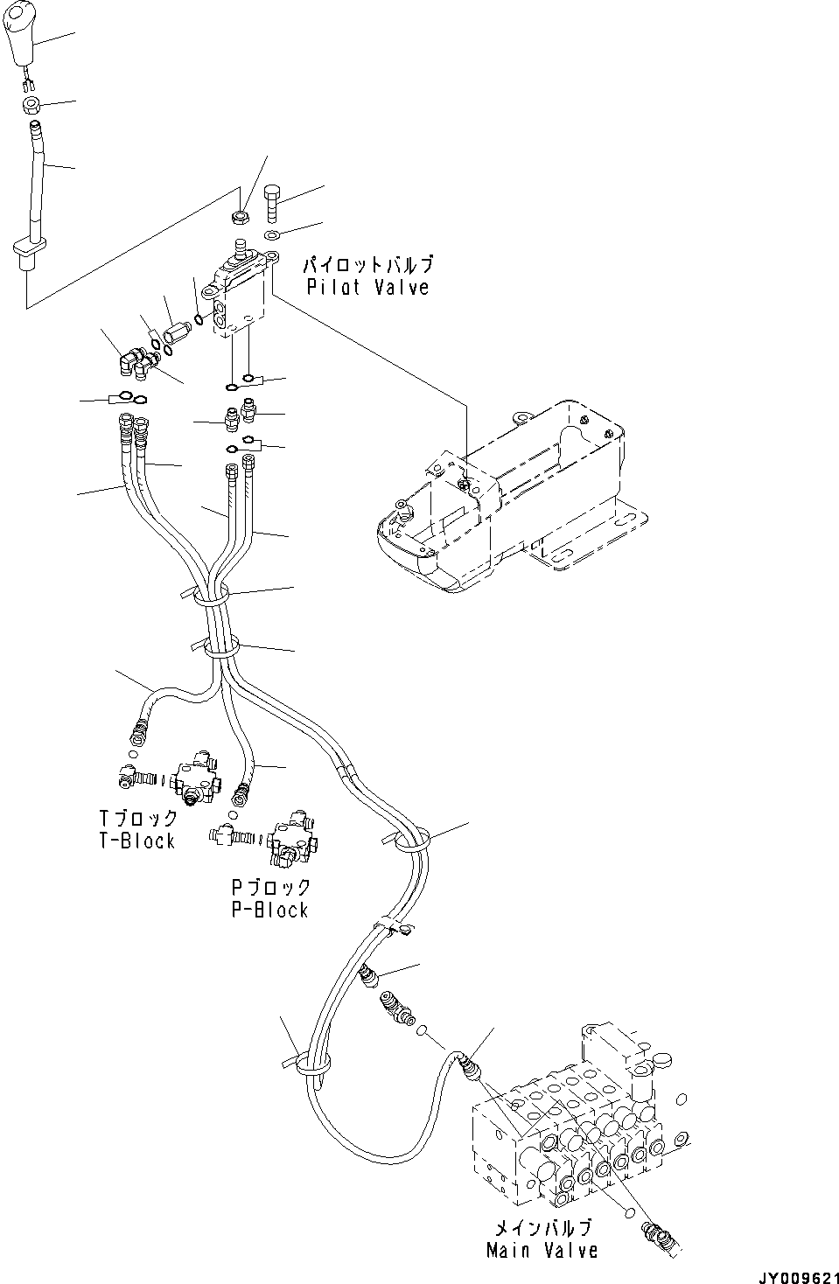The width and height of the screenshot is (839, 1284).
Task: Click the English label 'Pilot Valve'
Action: [367, 287]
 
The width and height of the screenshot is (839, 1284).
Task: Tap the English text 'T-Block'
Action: [136, 841]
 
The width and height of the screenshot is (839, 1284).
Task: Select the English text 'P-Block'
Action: [269, 910]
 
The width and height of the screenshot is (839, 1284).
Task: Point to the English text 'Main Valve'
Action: [542, 1251]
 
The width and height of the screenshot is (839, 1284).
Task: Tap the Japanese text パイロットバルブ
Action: [367, 264]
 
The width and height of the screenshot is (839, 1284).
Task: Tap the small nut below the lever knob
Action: [31, 107]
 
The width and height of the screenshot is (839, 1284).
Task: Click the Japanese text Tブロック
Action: [138, 819]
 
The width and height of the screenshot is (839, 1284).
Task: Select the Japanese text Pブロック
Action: [271, 887]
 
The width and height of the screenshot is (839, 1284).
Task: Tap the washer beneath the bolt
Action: [273, 236]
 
